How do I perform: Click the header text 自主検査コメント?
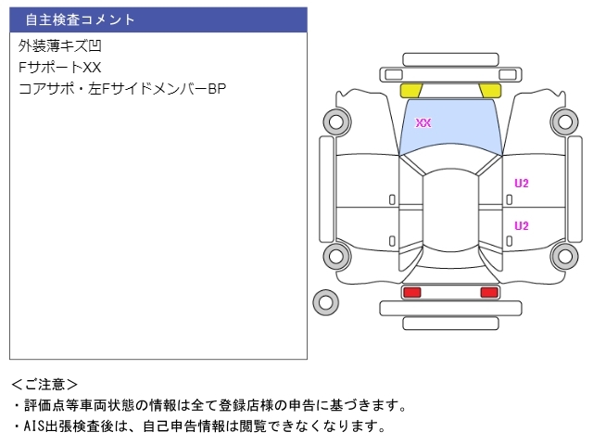[x=80, y=19]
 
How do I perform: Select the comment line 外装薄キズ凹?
[x=59, y=46]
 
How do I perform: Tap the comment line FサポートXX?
[x=59, y=68]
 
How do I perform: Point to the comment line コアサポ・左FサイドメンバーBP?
[x=122, y=89]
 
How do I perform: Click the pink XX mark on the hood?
[x=423, y=122]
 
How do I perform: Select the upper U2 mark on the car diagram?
[x=522, y=184]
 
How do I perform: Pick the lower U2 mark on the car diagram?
[x=522, y=226]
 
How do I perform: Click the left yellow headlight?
[x=411, y=91]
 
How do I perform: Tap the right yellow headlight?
[x=490, y=91]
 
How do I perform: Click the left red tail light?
[x=412, y=292]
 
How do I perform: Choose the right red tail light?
[x=489, y=292]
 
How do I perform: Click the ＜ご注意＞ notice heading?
[x=44, y=385]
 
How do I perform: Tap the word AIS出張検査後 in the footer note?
[x=69, y=426]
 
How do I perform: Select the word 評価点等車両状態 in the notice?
[x=79, y=405]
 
